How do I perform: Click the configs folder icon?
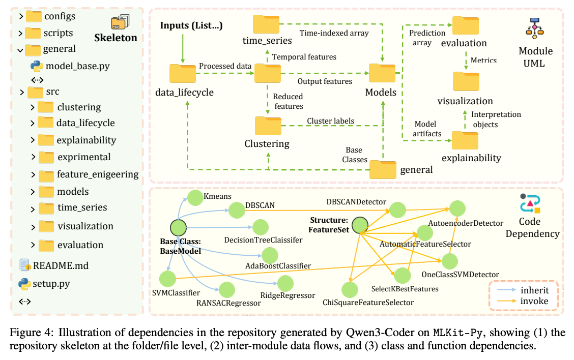click(33, 16)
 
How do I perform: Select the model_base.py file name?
click(77, 66)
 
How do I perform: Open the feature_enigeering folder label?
click(98, 174)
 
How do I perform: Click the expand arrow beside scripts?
click(20, 34)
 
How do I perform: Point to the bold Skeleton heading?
click(116, 38)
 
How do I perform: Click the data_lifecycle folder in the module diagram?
click(183, 74)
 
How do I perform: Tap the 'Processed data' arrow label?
click(225, 66)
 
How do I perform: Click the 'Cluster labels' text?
click(330, 121)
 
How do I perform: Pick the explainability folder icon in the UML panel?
click(465, 140)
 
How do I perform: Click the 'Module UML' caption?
click(535, 57)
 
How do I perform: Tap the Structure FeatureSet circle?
click(360, 225)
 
